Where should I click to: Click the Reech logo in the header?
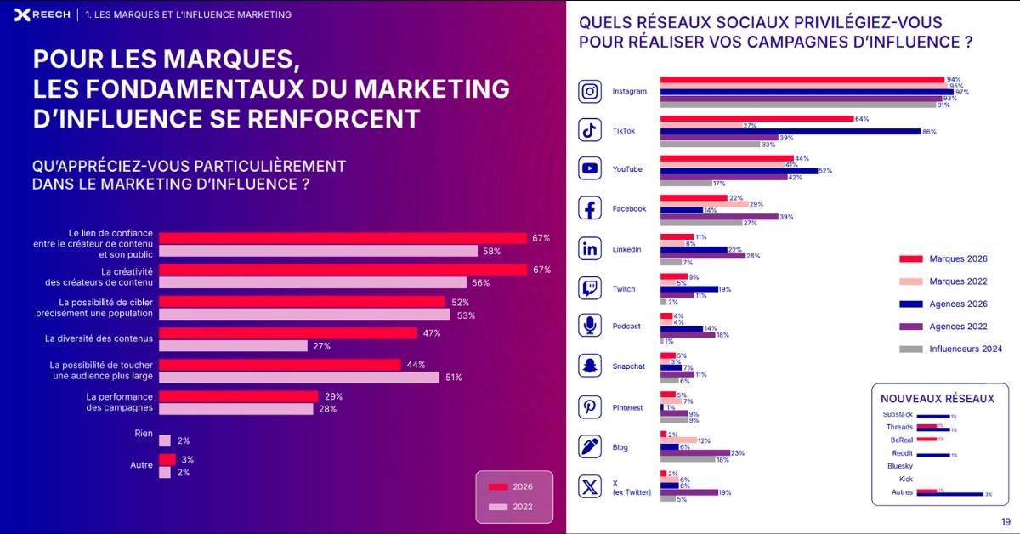click(41, 14)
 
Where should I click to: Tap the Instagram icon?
click(590, 91)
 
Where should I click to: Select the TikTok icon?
click(590, 130)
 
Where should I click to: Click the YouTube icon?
click(590, 168)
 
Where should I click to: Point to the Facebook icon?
click(590, 208)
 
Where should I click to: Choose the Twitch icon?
click(590, 288)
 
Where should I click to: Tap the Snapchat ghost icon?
click(590, 366)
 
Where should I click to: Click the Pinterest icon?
click(590, 407)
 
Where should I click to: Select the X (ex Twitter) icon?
click(590, 486)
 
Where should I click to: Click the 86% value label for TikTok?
click(929, 132)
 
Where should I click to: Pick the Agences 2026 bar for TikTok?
click(790, 132)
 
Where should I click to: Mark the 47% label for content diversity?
click(431, 333)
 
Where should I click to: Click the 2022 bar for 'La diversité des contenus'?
click(233, 346)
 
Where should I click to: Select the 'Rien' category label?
click(144, 433)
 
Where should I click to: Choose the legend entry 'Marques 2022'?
click(958, 281)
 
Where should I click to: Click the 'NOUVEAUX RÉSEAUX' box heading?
click(935, 398)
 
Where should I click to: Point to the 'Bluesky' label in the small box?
click(899, 466)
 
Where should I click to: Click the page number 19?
click(1006, 522)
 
